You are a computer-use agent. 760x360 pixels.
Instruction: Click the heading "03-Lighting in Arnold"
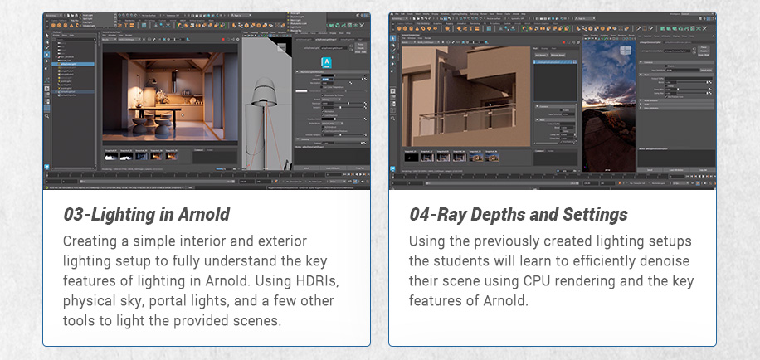click(x=146, y=215)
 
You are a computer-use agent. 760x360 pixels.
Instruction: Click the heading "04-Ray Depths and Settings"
click(x=518, y=215)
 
